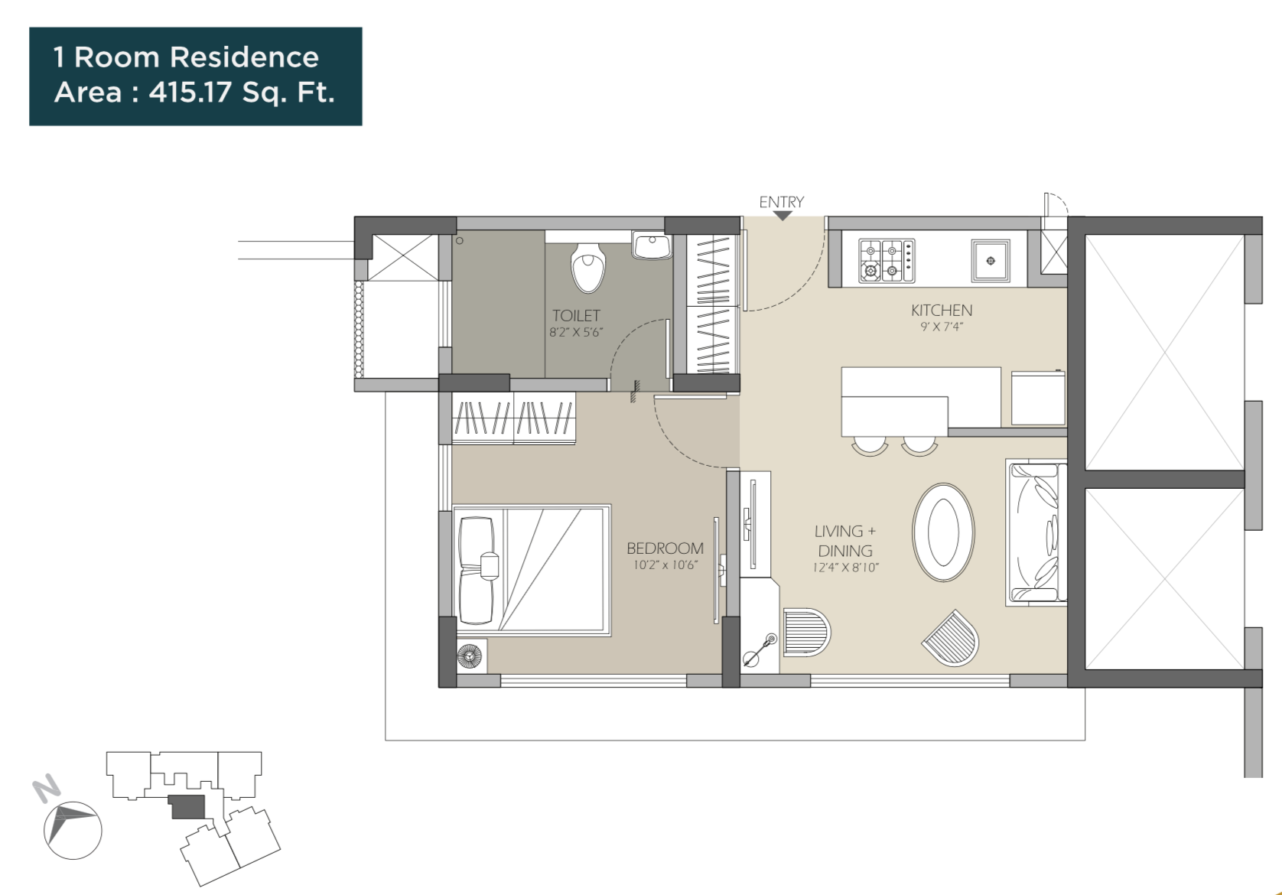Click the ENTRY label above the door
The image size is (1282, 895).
(x=781, y=202)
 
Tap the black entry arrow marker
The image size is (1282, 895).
(x=782, y=216)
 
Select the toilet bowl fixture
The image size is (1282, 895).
(x=587, y=268)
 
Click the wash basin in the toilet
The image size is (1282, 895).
(x=651, y=246)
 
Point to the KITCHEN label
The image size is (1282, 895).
(x=941, y=311)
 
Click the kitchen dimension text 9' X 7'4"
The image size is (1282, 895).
(x=941, y=327)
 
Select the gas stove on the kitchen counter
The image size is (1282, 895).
(x=886, y=260)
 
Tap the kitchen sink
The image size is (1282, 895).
(x=990, y=261)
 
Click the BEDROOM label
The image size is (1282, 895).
(x=665, y=548)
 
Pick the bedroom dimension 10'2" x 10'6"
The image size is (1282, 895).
(x=665, y=565)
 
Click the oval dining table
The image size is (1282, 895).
(x=943, y=532)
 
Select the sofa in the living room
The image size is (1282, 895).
(x=1036, y=532)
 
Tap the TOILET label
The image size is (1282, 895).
(x=576, y=315)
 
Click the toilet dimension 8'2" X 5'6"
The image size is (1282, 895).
(x=576, y=332)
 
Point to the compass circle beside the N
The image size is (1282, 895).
(x=73, y=830)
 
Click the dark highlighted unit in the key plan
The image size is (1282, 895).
(x=187, y=807)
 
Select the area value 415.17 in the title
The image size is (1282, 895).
(x=190, y=93)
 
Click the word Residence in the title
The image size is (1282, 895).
(x=244, y=57)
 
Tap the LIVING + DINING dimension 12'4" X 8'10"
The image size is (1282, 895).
(x=845, y=568)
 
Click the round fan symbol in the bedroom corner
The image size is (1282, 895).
(x=470, y=656)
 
